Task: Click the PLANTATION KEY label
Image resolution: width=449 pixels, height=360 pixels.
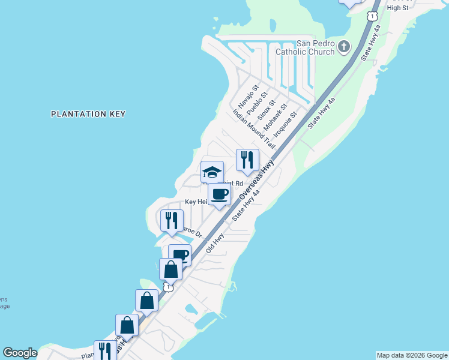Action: click(88, 113)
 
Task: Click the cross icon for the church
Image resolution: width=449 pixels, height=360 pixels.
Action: click(344, 47)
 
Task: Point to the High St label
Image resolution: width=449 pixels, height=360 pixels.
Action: click(397, 8)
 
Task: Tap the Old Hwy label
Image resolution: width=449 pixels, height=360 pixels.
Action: click(214, 242)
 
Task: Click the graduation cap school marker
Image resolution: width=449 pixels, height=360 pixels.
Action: click(211, 172)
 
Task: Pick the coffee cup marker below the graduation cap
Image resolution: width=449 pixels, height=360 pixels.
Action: click(219, 194)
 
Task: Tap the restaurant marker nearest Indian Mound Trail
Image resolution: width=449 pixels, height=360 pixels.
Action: click(247, 160)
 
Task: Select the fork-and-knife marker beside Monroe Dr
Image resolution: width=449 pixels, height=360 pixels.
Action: click(172, 221)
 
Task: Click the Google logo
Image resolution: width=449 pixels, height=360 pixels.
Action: click(20, 353)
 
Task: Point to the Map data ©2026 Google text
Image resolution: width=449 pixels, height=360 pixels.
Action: click(411, 355)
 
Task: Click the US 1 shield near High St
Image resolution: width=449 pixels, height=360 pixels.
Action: click(373, 14)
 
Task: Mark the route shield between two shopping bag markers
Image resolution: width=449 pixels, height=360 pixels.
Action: click(169, 287)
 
